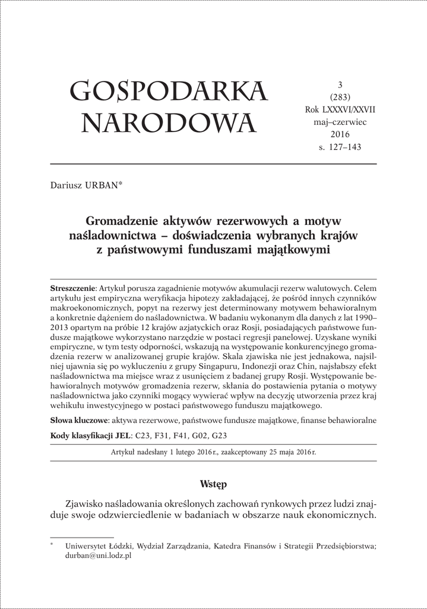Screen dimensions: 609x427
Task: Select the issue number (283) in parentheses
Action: point(340,98)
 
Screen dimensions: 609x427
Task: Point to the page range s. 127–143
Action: point(340,147)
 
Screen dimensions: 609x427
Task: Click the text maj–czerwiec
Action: point(340,122)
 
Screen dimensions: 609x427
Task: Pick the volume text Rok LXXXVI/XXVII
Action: point(340,109)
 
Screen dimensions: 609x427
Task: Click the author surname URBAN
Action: point(105,185)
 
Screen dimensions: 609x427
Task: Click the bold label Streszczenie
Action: point(73,287)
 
